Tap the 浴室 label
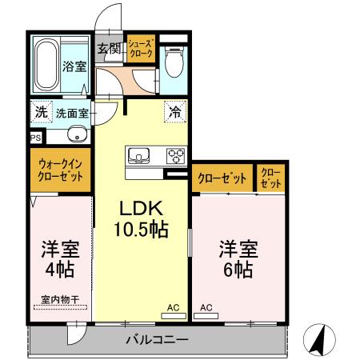(x=75, y=67)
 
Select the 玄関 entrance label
(x=109, y=49)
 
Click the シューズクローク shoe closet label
(x=142, y=48)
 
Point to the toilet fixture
(x=173, y=58)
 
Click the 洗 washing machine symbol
(x=40, y=112)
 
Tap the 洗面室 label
(x=71, y=113)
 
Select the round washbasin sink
(x=74, y=134)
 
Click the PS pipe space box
(x=35, y=138)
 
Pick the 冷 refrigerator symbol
(x=174, y=113)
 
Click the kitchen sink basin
(x=136, y=154)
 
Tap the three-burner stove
(x=175, y=154)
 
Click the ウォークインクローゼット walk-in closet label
(x=62, y=170)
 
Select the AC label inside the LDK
(x=173, y=306)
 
